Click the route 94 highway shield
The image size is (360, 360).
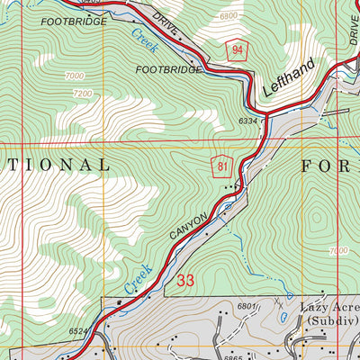235,51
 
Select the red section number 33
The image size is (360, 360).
185,281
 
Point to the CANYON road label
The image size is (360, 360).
188,231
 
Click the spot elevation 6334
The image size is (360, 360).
248,120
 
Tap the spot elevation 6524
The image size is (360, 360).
79,332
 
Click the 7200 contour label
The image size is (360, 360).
83,93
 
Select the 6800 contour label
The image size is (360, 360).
229,16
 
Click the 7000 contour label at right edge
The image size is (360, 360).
338,250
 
